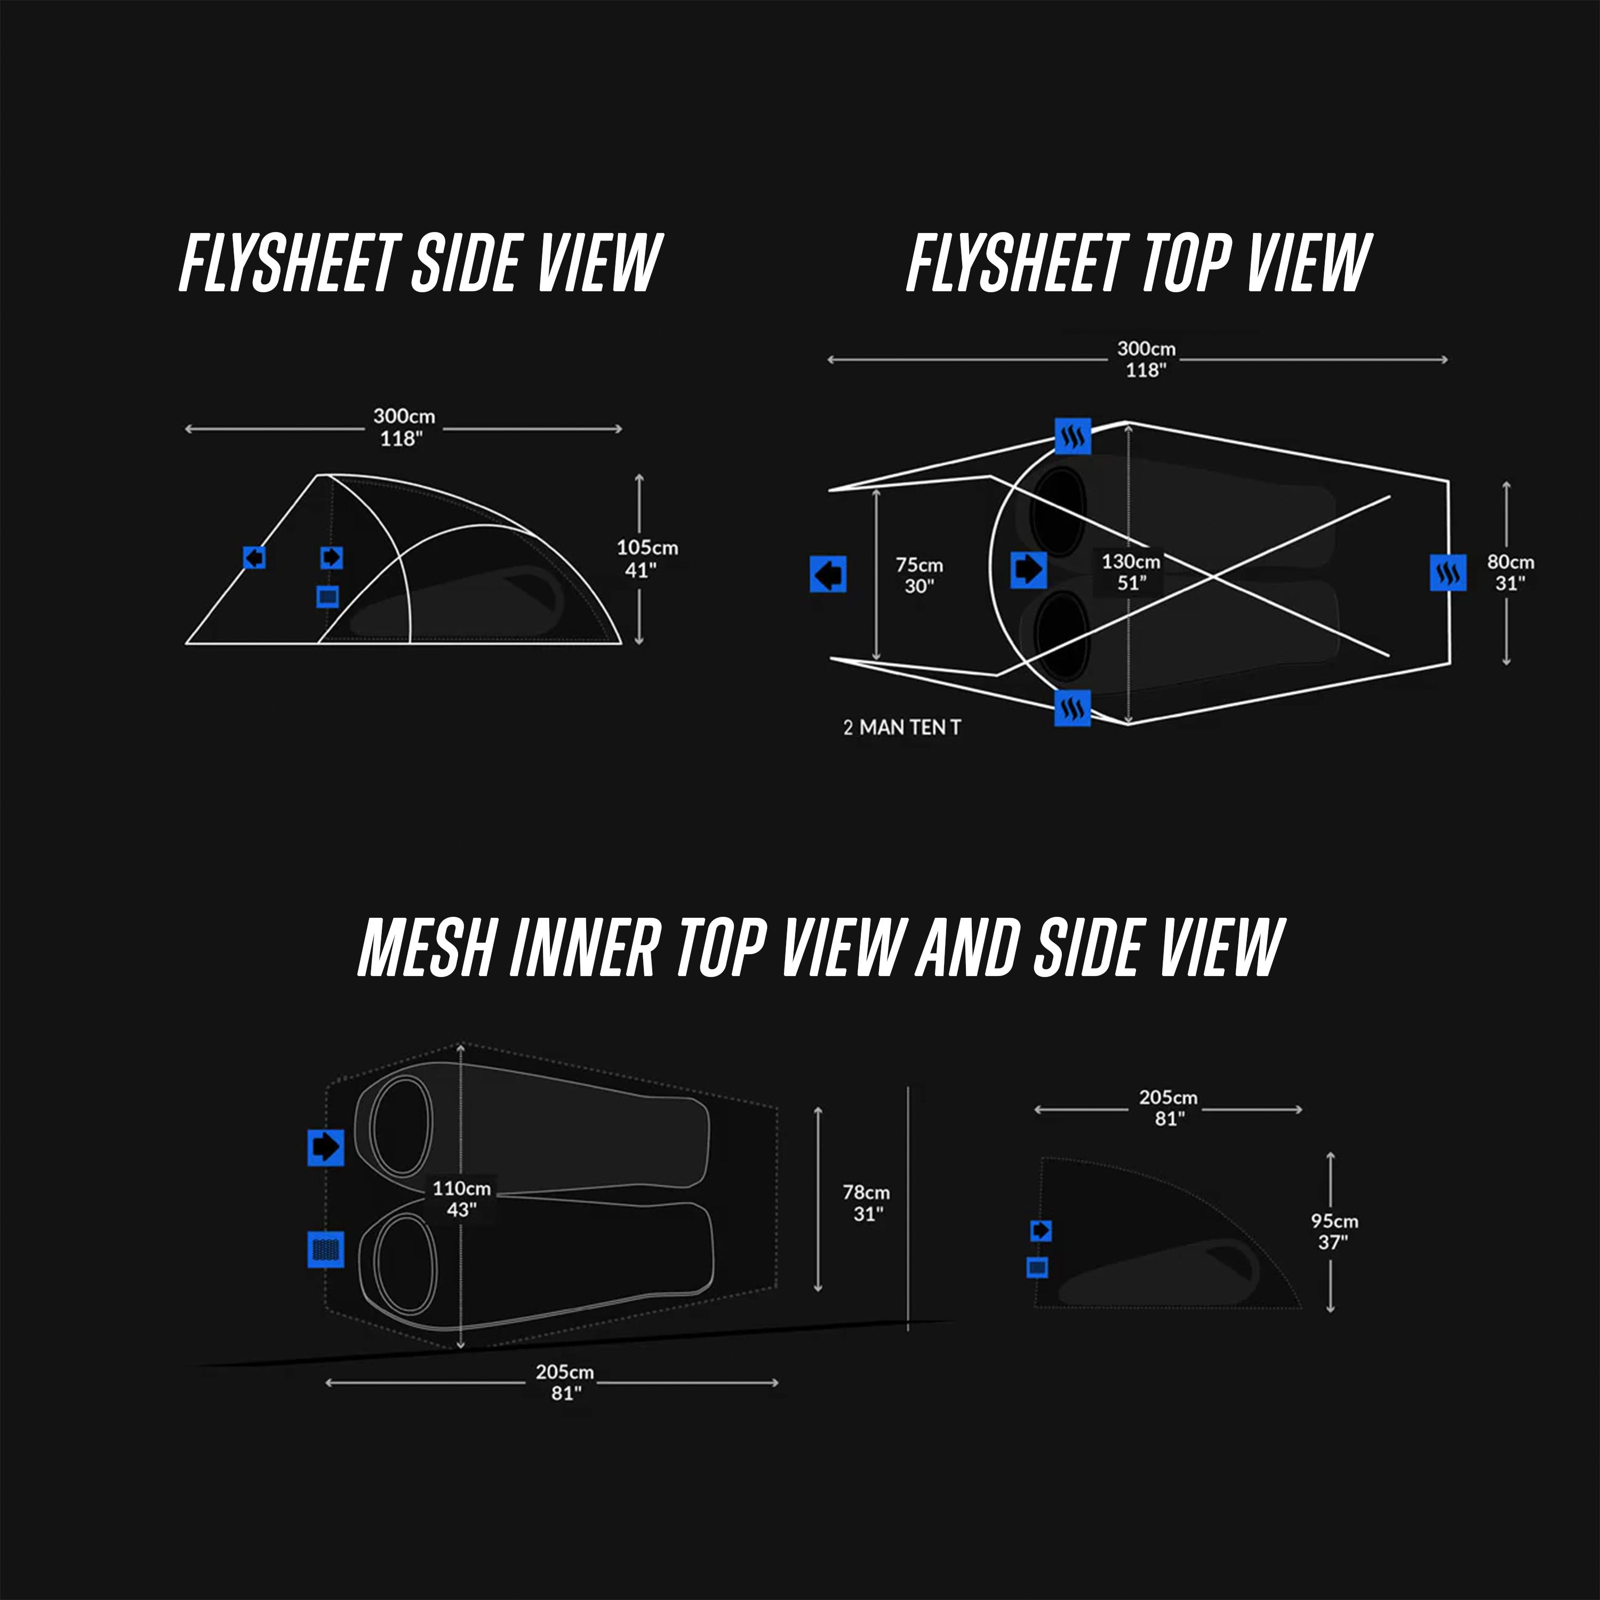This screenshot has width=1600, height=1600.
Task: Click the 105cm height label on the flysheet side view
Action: click(647, 558)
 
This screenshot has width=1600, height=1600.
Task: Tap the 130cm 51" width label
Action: click(1131, 571)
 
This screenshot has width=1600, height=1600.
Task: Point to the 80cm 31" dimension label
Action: click(1510, 571)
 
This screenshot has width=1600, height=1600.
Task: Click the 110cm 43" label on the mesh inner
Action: click(461, 1198)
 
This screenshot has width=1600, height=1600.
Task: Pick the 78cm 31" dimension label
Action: click(866, 1203)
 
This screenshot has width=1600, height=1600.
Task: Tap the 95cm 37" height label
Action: click(1334, 1230)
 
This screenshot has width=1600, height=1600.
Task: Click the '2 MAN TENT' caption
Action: click(902, 727)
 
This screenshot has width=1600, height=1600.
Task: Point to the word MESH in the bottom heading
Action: click(427, 947)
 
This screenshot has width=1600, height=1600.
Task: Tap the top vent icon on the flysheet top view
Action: click(1073, 436)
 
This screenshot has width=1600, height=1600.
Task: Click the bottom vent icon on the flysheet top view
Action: click(1073, 708)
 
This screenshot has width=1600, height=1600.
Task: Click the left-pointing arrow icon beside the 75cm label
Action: click(827, 573)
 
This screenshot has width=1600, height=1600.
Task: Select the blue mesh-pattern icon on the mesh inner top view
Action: click(325, 1249)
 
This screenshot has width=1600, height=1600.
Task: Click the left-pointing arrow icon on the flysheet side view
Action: click(254, 557)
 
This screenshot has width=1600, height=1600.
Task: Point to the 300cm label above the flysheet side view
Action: click(403, 427)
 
